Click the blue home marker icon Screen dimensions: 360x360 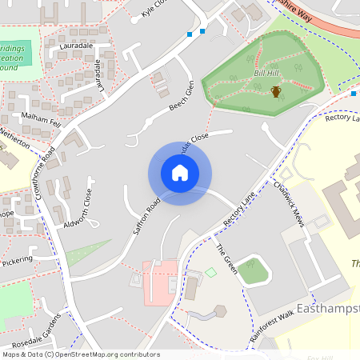[180, 172]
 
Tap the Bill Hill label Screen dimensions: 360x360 [267, 73]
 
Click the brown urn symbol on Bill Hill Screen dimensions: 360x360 [276, 92]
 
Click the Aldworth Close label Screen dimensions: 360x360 [79, 208]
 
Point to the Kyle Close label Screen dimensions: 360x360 [153, 8]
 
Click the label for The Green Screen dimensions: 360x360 [226, 258]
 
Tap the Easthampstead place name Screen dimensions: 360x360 [328, 309]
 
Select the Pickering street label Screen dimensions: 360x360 [17, 261]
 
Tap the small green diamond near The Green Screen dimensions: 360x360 [210, 273]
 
